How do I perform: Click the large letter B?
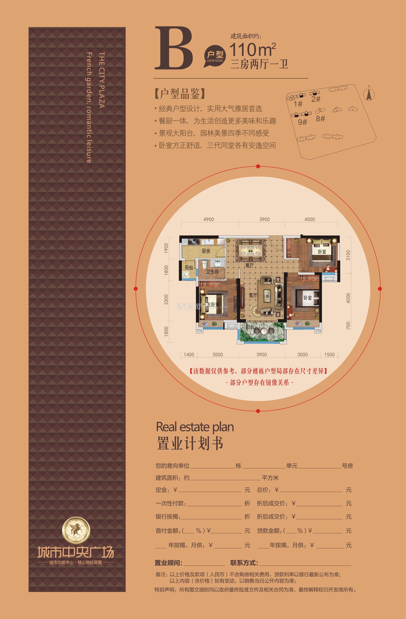tap(174, 49)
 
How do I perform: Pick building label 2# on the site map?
tap(316, 99)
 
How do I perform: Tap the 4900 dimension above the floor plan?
tap(208, 219)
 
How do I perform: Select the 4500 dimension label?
tap(309, 219)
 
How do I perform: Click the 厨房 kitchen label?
tap(206, 251)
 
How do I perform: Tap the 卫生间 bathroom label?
tap(212, 272)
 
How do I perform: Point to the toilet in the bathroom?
tap(204, 265)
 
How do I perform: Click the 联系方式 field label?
tap(244, 563)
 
